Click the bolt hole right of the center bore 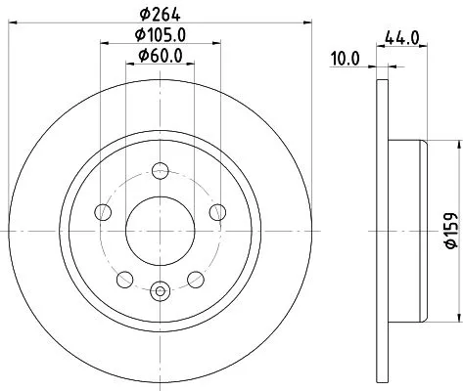click(x=219, y=213)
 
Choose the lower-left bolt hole click(x=123, y=280)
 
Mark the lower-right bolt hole click(x=198, y=280)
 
